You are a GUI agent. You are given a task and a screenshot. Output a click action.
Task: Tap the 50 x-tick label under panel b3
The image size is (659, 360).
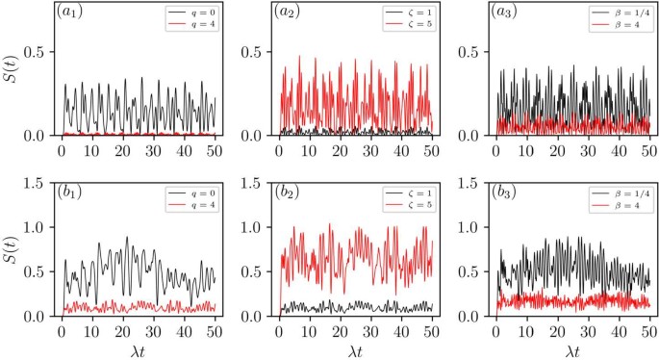pyautogui.click(x=649, y=330)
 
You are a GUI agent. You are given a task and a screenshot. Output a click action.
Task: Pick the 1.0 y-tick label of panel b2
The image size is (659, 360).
pyautogui.click(x=250, y=227)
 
